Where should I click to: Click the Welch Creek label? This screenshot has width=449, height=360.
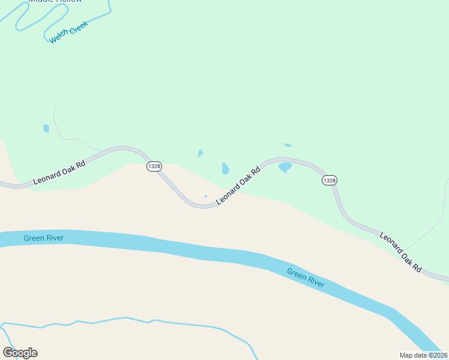pos(68,32)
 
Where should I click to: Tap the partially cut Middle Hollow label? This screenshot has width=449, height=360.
pos(55,1)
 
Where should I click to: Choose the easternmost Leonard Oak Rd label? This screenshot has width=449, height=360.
pos(400,253)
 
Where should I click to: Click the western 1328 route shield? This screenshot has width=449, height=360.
pos(154,166)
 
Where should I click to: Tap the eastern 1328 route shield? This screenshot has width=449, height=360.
pos(329,180)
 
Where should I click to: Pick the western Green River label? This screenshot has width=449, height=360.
pos(44,238)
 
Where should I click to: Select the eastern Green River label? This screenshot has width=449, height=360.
pos(306,278)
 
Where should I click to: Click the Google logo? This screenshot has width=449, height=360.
pos(20,353)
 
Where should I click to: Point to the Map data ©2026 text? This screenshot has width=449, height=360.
pos(424,355)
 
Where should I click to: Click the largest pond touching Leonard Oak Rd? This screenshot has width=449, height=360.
pos(285,167)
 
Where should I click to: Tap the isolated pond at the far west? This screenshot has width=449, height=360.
pos(46,128)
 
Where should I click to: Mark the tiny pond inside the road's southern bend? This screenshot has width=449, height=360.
pos(205,196)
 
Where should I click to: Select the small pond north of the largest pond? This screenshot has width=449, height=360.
pos(288,145)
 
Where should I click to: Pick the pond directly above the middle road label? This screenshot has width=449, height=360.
pos(225,168)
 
